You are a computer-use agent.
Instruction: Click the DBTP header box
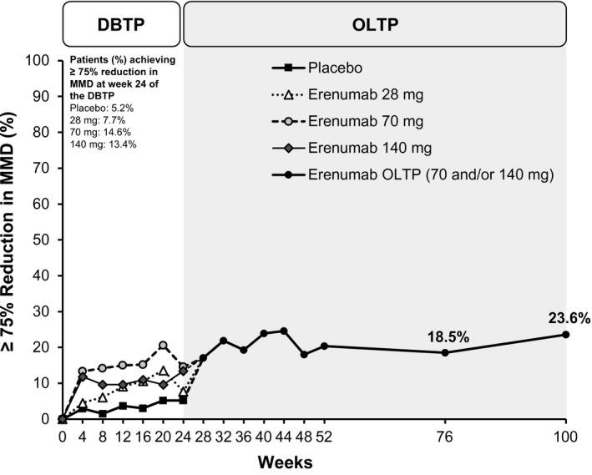tap(121, 23)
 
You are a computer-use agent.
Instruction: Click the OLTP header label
tap(375, 23)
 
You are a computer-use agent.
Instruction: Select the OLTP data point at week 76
tap(445, 352)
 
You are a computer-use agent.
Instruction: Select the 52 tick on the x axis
tap(324, 436)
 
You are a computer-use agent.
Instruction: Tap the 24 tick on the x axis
tap(183, 436)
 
